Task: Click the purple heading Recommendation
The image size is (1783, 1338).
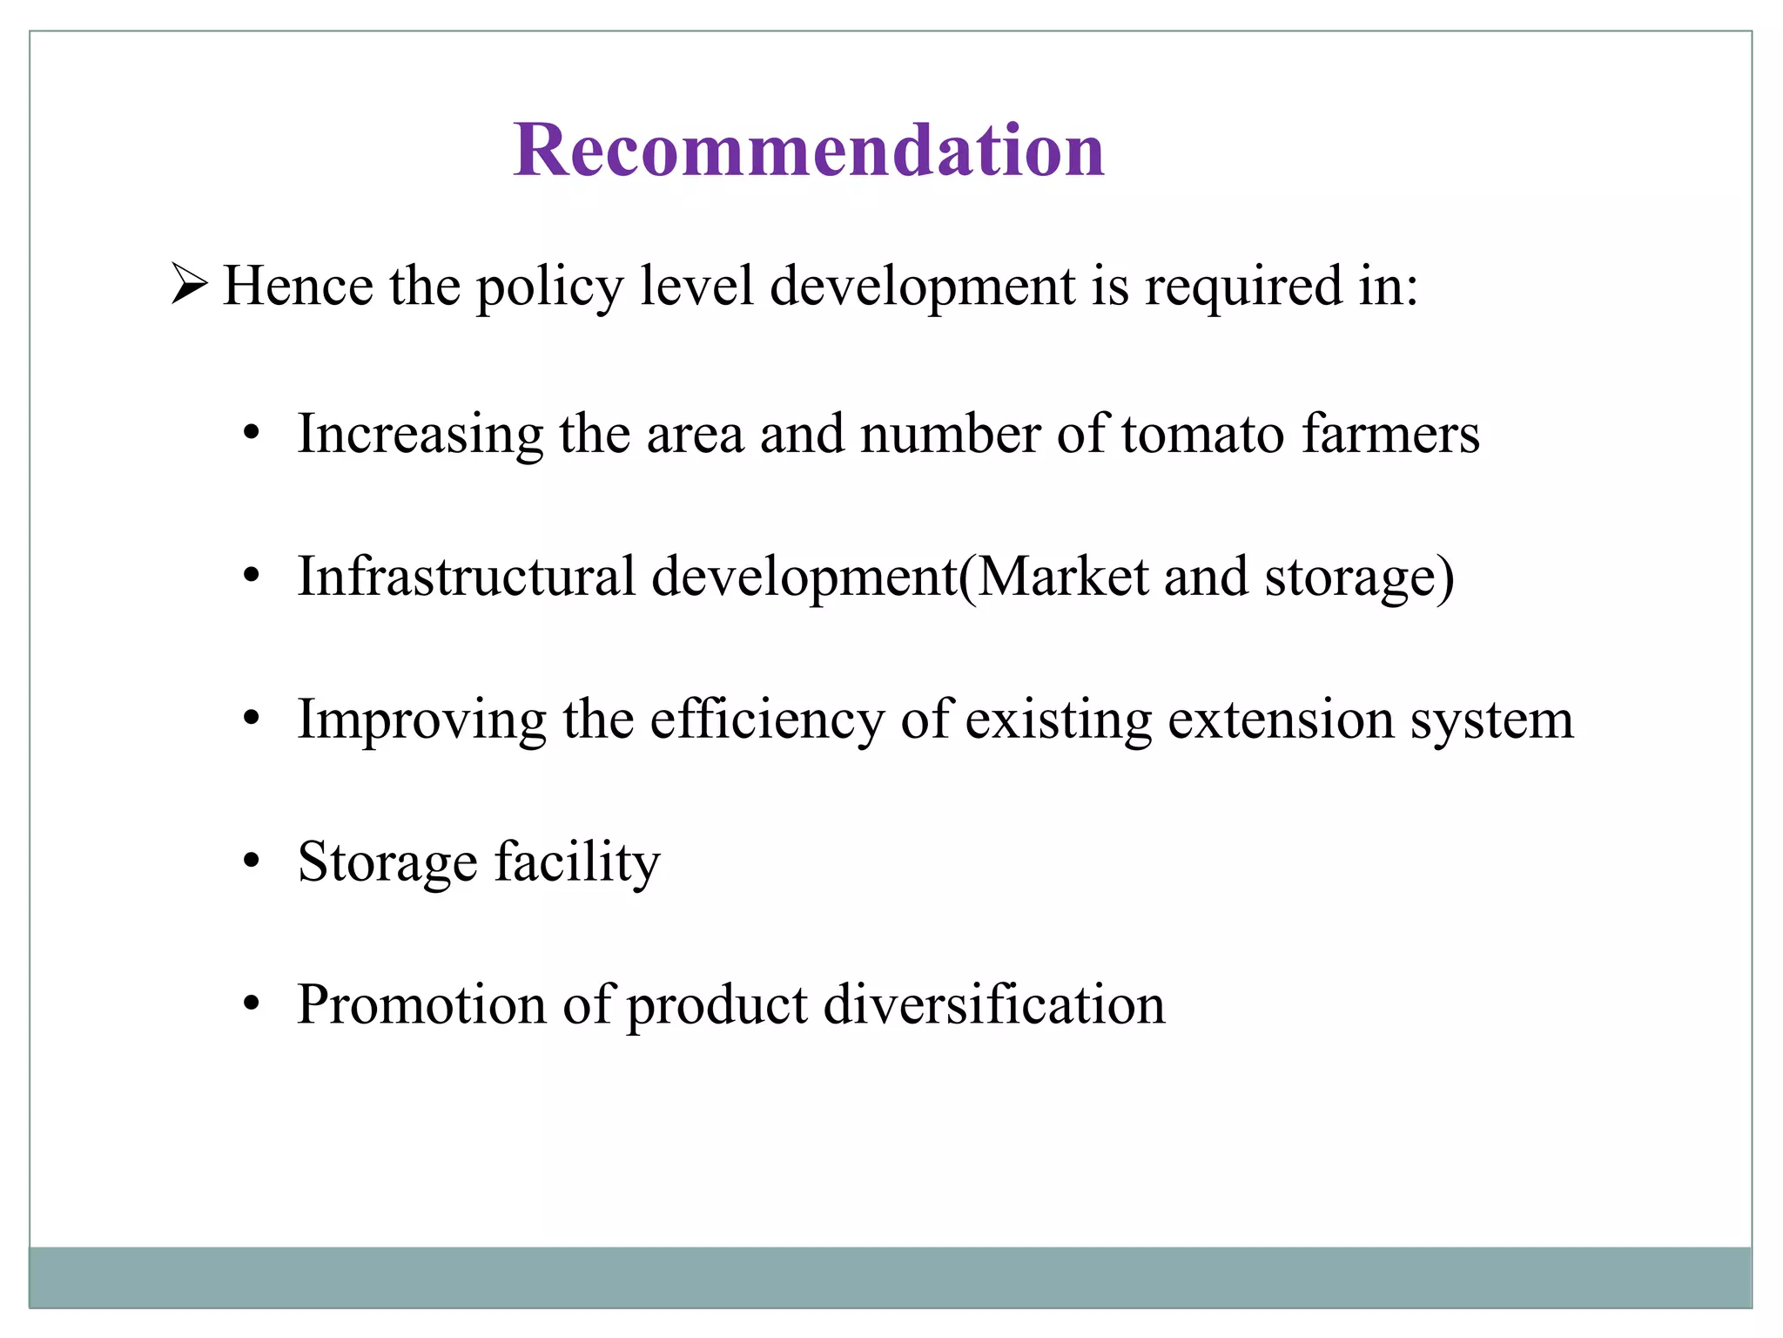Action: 809,150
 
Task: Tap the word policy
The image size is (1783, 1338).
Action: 550,287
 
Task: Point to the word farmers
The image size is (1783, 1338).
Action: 1390,433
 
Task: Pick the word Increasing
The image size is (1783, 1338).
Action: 421,435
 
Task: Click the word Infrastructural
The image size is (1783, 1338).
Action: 467,576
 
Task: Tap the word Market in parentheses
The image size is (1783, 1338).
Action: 1062,576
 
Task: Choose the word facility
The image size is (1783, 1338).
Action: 577,862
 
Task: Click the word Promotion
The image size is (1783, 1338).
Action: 421,1003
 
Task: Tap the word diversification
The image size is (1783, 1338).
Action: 993,1003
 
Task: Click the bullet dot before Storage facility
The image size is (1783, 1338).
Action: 252,862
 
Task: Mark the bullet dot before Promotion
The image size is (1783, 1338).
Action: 252,1005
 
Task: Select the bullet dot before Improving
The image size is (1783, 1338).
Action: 252,720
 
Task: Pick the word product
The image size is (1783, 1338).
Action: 717,1005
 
